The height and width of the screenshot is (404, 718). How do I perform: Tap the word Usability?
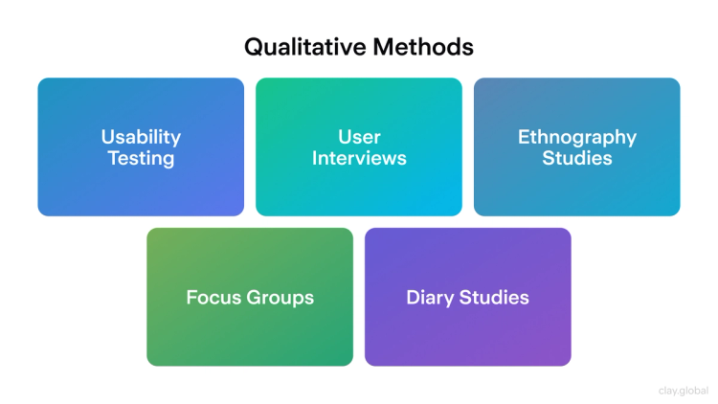point(141,137)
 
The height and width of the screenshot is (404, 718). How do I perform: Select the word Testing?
point(141,158)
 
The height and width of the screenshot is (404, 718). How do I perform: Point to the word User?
point(359,137)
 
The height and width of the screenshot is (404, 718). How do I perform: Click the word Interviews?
point(359,158)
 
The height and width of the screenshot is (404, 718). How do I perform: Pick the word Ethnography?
point(577,137)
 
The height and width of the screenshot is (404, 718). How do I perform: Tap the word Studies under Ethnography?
point(577,158)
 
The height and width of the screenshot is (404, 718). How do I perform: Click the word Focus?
point(212,297)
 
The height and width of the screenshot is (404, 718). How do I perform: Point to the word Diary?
point(430,297)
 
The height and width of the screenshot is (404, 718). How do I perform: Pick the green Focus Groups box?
point(250,335)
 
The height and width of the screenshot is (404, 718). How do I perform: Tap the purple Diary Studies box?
point(468,335)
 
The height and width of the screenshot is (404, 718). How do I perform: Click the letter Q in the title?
point(254,46)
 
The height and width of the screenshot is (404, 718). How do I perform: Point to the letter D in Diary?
point(413,297)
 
